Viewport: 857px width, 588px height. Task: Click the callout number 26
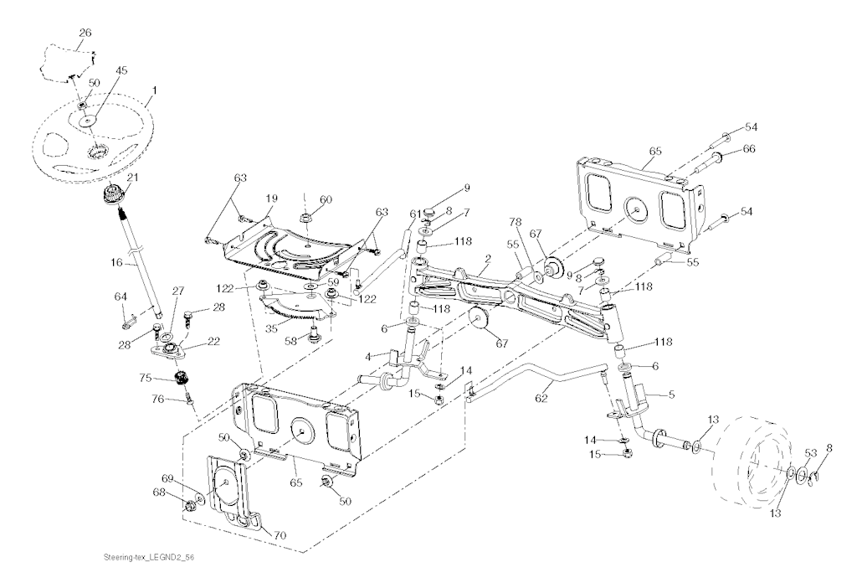click(x=86, y=33)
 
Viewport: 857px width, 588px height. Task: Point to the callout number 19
click(x=271, y=199)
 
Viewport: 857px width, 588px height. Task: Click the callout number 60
click(x=326, y=199)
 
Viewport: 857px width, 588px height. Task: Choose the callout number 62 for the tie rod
click(x=542, y=398)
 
